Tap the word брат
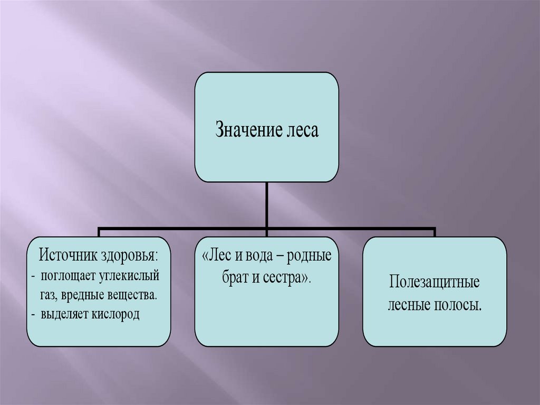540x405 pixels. [x=235, y=278]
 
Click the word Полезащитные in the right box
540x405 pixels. [x=435, y=282]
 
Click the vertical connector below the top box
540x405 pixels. [x=267, y=206]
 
